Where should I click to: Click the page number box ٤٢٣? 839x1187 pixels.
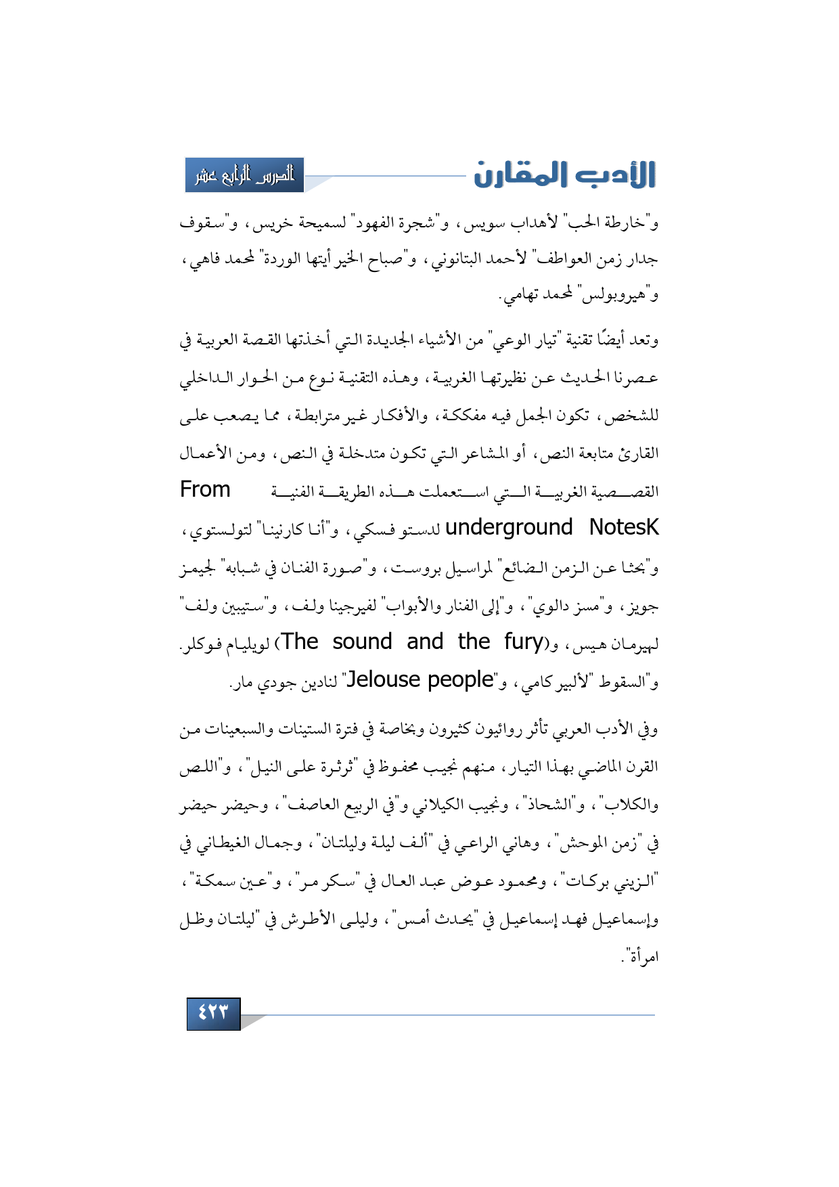point(213,1013)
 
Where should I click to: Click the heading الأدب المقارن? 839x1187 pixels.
point(564,175)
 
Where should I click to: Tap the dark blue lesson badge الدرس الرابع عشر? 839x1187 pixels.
point(244,175)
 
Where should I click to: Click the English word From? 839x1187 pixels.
point(205,489)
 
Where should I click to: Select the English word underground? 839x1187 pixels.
point(509,527)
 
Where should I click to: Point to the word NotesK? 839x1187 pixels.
point(623,527)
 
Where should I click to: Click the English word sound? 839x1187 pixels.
point(362,642)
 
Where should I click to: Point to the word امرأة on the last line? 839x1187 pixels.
point(641,957)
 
